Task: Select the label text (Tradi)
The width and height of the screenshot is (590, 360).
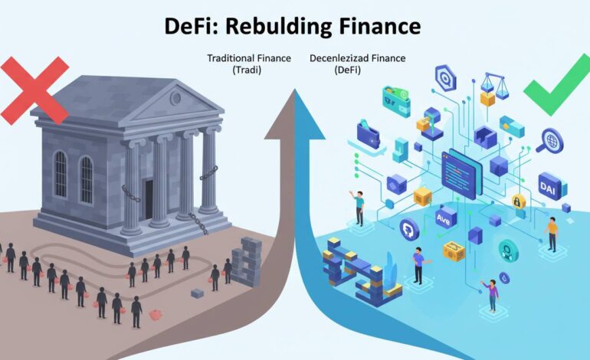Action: click(x=247, y=70)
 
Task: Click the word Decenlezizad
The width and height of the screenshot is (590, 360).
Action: click(x=334, y=57)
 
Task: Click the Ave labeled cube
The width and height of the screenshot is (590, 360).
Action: click(x=445, y=218)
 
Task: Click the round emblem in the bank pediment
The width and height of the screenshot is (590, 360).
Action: click(x=175, y=98)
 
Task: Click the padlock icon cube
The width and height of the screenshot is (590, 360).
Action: click(x=517, y=202)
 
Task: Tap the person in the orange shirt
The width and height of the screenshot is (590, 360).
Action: click(x=551, y=232)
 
